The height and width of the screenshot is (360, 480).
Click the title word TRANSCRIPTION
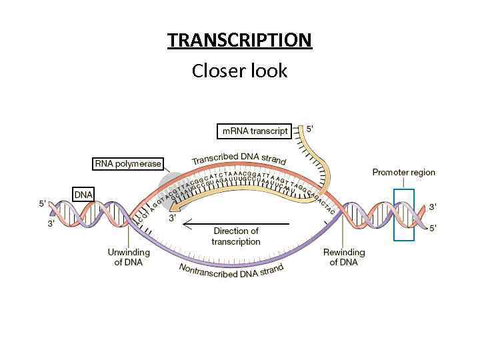click(x=239, y=40)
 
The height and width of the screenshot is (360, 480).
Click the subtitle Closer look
click(x=239, y=70)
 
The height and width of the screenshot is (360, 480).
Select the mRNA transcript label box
click(x=255, y=131)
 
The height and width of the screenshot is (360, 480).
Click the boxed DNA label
click(x=83, y=194)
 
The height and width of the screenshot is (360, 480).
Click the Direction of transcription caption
click(x=235, y=236)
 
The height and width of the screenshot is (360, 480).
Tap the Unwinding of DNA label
click(x=125, y=257)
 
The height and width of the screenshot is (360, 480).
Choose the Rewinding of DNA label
click(x=343, y=257)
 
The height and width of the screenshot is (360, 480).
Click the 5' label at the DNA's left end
click(x=43, y=203)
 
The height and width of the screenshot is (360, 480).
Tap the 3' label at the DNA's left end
click(x=51, y=224)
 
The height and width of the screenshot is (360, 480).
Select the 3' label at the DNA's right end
click(x=433, y=207)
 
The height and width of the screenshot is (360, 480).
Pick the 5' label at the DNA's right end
click(x=433, y=228)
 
